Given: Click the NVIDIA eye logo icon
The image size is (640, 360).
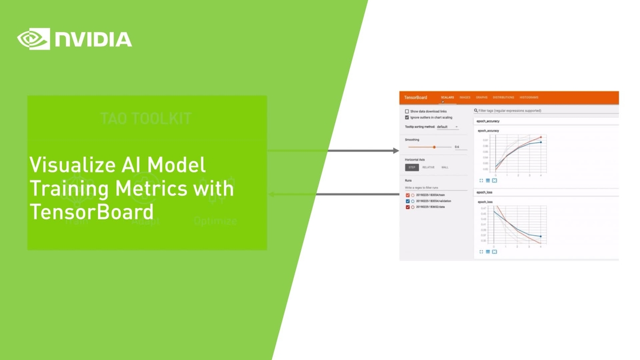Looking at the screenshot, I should [x=34, y=39].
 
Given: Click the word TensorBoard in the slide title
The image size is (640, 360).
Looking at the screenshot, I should [x=91, y=212].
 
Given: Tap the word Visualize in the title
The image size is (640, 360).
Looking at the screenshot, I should [x=69, y=165].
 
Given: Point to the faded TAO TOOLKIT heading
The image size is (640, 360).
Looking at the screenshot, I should [x=146, y=118].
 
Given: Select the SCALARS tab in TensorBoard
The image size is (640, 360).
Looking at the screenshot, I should [x=447, y=98].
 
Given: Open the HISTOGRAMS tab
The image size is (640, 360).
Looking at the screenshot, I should [x=529, y=98].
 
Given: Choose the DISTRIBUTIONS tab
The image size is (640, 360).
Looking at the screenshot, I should [x=503, y=98].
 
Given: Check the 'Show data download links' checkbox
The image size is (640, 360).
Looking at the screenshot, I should [x=407, y=111].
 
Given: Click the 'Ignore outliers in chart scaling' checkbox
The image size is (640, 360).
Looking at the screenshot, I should [x=407, y=117].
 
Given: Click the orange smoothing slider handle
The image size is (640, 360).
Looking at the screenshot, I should [x=435, y=147].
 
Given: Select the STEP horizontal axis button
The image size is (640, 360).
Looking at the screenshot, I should [x=412, y=167].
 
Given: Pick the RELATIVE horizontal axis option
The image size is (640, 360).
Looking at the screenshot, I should [x=428, y=167].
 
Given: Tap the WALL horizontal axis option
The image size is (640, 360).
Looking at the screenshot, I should [x=445, y=167].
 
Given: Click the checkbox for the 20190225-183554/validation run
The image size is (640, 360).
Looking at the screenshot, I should [x=408, y=201].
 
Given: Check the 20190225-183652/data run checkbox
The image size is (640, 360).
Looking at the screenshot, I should [x=408, y=207].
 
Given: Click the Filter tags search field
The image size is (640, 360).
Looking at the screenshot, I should [x=544, y=111].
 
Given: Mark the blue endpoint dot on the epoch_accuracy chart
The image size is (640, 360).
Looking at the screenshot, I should [x=541, y=142].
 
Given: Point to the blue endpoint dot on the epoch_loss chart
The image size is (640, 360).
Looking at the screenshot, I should [x=541, y=236].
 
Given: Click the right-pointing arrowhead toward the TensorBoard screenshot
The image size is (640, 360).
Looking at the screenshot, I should [x=395, y=151].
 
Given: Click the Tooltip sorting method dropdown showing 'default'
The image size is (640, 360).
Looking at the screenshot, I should [x=447, y=127].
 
